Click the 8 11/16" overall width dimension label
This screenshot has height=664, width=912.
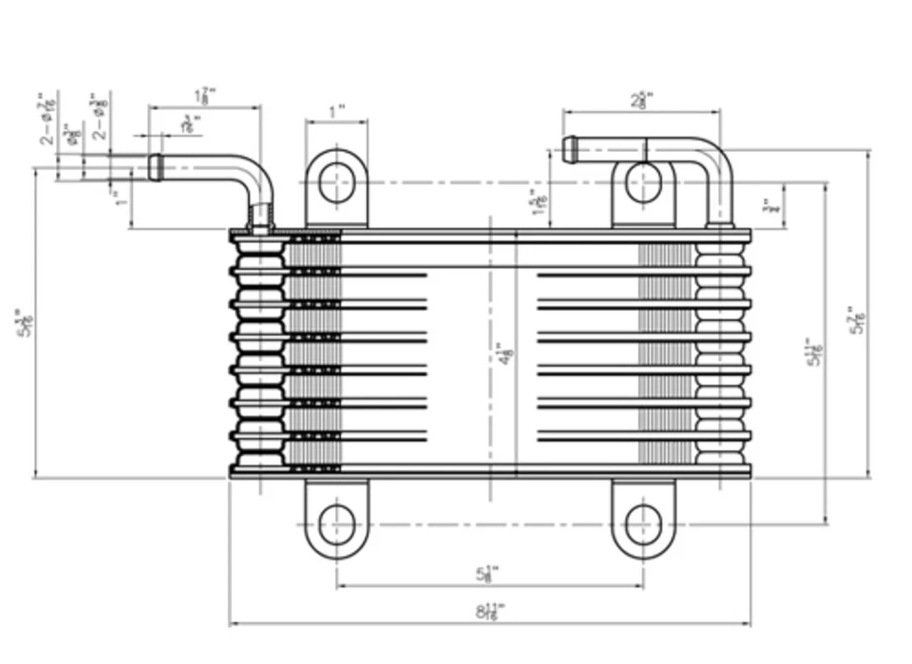tap(490, 612)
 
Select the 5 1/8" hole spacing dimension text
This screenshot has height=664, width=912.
tap(488, 574)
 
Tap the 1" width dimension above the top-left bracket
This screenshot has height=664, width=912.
tap(336, 112)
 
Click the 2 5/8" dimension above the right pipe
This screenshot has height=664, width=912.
tap(641, 99)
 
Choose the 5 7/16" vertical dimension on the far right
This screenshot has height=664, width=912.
tap(857, 324)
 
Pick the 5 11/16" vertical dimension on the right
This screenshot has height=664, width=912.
tap(813, 352)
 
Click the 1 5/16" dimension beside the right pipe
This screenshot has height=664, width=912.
tap(540, 201)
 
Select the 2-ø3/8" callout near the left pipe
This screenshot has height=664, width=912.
tap(97, 118)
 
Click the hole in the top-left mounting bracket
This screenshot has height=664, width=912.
tap(336, 182)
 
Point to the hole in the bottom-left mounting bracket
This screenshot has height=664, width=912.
tap(336, 524)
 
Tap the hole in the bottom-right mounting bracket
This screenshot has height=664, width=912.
tap(643, 524)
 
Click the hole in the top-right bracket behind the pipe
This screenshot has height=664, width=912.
tap(643, 182)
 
